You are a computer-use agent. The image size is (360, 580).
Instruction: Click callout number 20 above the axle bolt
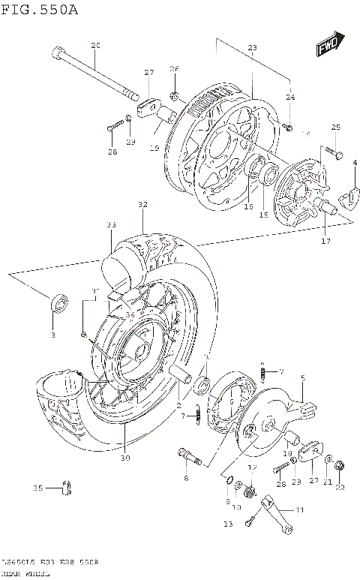(x=95, y=47)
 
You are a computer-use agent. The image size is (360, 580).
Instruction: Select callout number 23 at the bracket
(x=252, y=48)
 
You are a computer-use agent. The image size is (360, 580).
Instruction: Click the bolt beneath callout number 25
(x=335, y=155)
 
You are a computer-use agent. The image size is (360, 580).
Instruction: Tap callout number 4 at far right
(x=354, y=164)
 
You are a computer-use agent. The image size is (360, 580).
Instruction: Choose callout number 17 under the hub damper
(x=325, y=241)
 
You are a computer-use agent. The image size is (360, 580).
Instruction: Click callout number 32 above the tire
(x=142, y=204)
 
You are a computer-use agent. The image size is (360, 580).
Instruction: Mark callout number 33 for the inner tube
(x=111, y=224)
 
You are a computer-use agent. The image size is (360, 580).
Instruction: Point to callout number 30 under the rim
(x=125, y=458)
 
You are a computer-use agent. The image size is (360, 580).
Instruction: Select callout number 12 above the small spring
(x=252, y=467)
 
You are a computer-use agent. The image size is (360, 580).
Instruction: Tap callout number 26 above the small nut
(x=174, y=69)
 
